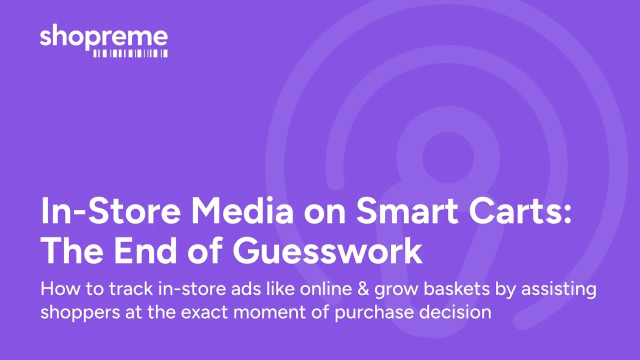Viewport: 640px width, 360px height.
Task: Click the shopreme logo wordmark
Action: point(103,37)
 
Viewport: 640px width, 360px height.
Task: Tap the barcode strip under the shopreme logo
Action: point(130,53)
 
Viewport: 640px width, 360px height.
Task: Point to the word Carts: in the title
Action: point(518,211)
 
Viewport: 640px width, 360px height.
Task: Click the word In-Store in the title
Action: point(110,211)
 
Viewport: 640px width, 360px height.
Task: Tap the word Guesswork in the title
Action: point(327,251)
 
